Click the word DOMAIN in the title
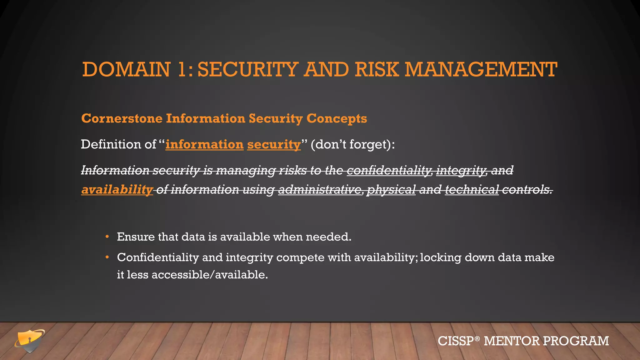click(126, 69)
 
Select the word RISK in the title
click(377, 69)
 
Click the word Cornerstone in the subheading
click(122, 118)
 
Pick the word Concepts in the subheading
click(337, 118)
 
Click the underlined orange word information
click(204, 144)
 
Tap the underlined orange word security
click(274, 144)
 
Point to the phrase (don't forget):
click(353, 144)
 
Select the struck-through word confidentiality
click(389, 170)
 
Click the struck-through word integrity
click(461, 170)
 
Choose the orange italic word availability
click(117, 190)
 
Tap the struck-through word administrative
click(320, 190)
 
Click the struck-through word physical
click(391, 190)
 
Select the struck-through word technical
click(472, 190)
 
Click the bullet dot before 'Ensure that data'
click(107, 237)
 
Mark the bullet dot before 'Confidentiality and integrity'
click(107, 257)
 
